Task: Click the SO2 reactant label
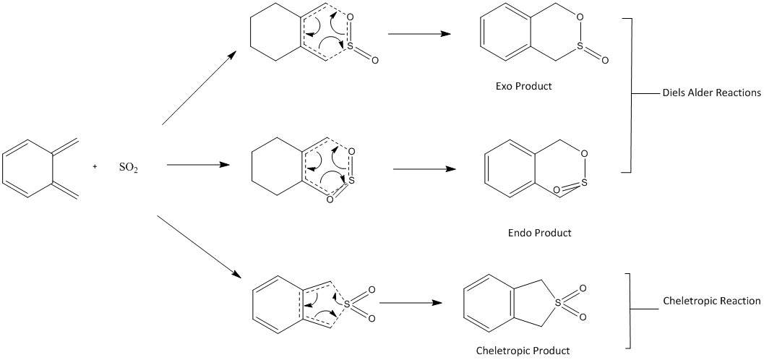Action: click(x=129, y=167)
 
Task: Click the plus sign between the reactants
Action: click(x=95, y=166)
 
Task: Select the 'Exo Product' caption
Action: click(x=523, y=86)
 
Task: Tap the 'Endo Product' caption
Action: click(x=539, y=233)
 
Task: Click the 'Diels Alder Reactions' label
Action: click(x=711, y=93)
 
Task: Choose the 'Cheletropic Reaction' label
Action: click(x=711, y=301)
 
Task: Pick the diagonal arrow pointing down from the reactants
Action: click(x=198, y=247)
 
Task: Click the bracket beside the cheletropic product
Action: click(x=632, y=311)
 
